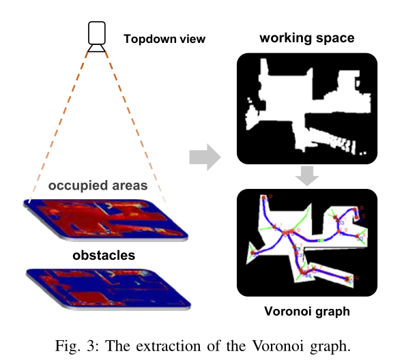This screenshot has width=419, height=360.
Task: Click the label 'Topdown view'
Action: click(x=164, y=39)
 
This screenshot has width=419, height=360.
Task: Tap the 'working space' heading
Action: click(x=307, y=37)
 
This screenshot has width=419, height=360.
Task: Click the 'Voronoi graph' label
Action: click(x=307, y=312)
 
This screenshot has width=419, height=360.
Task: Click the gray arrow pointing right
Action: click(x=204, y=159)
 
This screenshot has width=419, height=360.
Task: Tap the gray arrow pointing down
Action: click(x=307, y=177)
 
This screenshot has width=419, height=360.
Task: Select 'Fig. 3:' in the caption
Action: click(x=72, y=345)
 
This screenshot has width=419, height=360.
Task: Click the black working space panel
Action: click(x=306, y=109)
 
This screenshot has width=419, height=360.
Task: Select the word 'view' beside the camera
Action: click(x=192, y=39)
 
